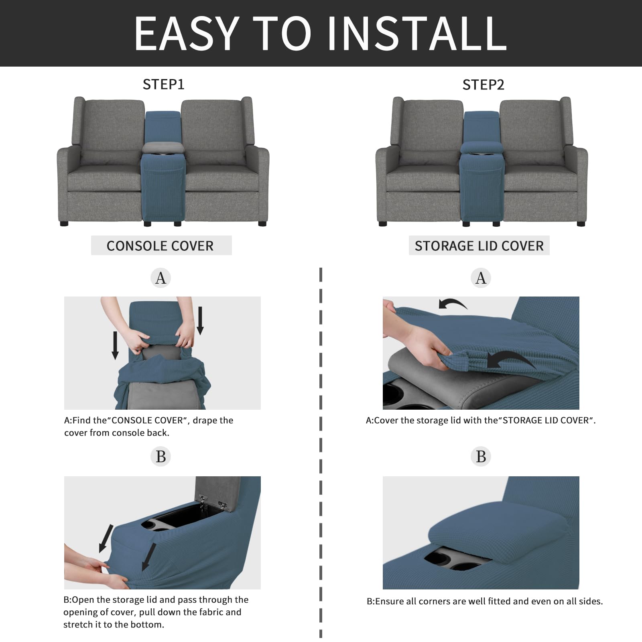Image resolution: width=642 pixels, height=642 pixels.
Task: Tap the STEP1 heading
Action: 163,84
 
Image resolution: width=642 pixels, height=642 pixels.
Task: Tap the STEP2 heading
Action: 483,85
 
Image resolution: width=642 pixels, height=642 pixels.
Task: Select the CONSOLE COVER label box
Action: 161,246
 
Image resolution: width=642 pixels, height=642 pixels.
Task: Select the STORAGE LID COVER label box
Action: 479,246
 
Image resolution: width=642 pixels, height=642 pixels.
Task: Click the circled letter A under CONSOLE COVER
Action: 160,278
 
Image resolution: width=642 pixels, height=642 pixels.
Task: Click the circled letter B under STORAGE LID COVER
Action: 481,456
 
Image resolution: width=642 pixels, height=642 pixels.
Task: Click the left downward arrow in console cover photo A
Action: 115,345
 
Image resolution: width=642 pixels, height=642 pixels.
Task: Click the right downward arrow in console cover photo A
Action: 200,320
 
